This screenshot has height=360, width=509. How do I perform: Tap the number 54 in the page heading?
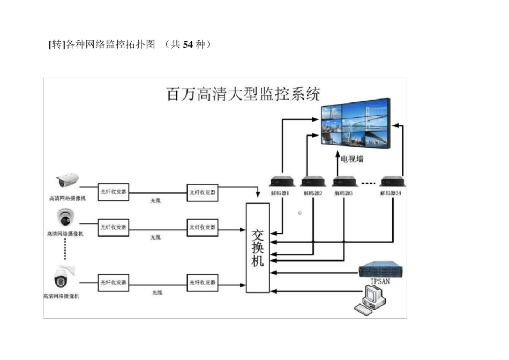click(188, 44)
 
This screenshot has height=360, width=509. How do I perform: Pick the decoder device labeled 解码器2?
click(313, 182)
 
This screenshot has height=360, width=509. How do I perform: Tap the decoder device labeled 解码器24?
click(391, 182)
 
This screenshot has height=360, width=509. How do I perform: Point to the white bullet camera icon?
click(68, 180)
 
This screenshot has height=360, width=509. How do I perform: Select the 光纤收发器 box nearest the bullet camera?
click(114, 192)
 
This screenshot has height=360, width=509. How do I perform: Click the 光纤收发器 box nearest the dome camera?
click(114, 228)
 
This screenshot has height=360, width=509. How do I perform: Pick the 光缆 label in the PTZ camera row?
click(156, 293)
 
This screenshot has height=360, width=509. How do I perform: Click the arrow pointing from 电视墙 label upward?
click(338, 155)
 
